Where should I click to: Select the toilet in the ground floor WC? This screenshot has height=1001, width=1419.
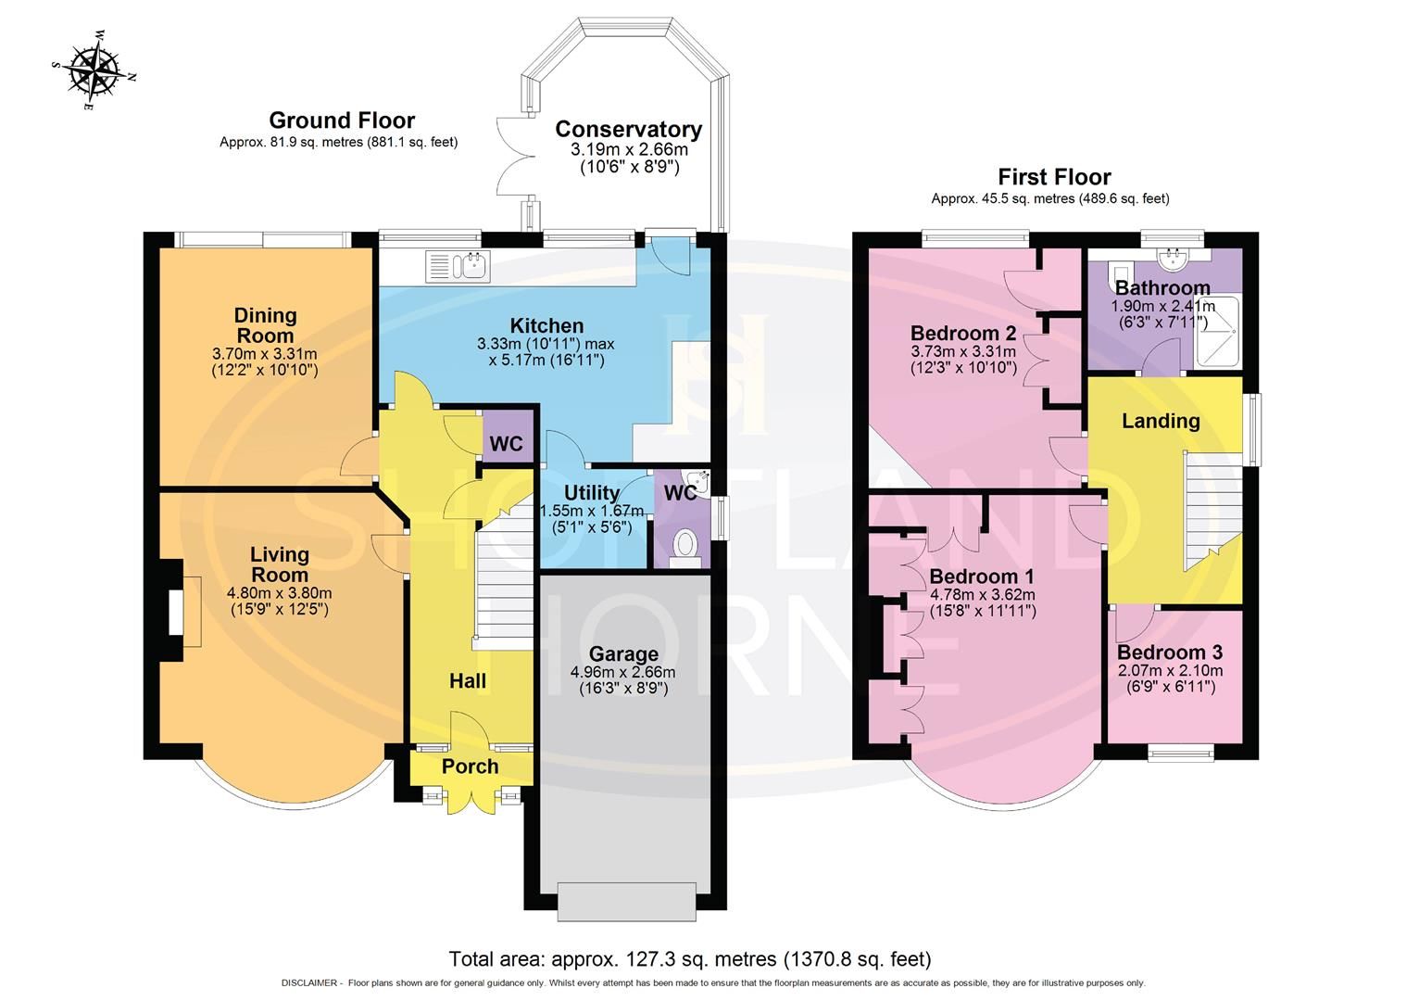click(686, 544)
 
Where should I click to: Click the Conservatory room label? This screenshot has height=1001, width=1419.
click(628, 130)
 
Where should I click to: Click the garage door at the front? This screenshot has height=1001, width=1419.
click(626, 901)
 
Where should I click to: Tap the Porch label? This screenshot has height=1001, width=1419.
click(470, 767)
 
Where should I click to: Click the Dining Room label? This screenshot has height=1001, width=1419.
click(265, 325)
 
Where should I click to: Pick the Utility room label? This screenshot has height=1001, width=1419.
click(592, 492)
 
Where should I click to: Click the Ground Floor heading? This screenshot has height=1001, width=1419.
click(341, 120)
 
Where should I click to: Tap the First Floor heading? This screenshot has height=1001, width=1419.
click(1054, 177)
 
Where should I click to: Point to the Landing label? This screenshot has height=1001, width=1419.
click(1161, 421)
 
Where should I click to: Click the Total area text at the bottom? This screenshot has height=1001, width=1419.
click(690, 958)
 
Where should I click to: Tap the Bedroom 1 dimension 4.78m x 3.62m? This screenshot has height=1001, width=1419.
click(982, 594)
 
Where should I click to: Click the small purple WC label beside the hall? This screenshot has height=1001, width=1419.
click(506, 444)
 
